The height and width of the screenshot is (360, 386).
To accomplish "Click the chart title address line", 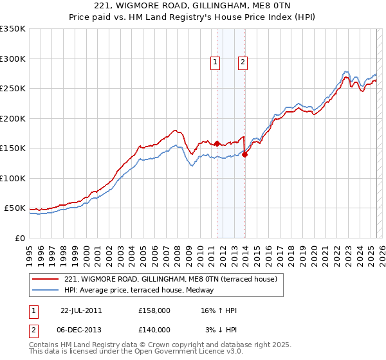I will [x=193, y=5].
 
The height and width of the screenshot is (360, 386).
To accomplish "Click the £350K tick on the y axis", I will [x=13, y=29].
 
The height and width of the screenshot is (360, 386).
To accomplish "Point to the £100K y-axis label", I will [x=13, y=178].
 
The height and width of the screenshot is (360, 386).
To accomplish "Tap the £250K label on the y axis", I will [x=13, y=89].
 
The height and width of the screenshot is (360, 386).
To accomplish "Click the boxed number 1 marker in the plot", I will [x=215, y=62].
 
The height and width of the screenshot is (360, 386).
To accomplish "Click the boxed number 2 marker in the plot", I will [x=243, y=62].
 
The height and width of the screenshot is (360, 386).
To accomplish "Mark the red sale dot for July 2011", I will [x=217, y=143].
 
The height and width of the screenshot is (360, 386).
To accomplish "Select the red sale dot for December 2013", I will [x=244, y=154].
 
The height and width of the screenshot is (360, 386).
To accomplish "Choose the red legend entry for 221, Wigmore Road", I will [x=170, y=279].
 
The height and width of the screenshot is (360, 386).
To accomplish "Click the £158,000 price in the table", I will [x=154, y=310].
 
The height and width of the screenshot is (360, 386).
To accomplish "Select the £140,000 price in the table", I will [x=154, y=329].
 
